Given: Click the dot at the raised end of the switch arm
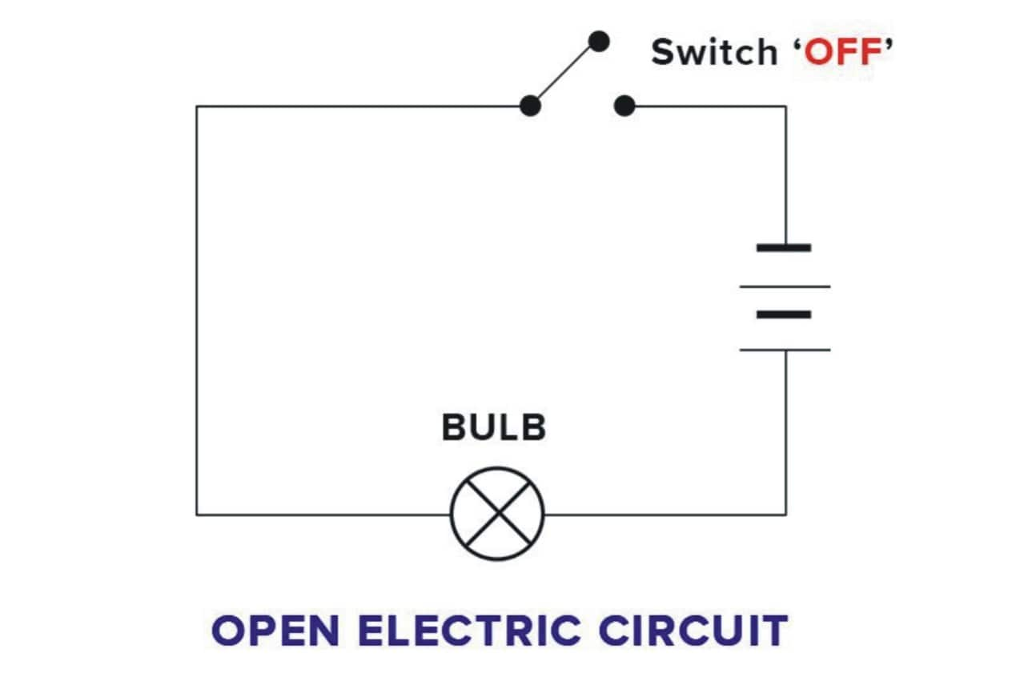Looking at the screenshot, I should tap(598, 40).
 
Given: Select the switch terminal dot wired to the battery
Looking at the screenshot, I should tap(625, 106).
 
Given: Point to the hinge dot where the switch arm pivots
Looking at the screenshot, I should tap(528, 106).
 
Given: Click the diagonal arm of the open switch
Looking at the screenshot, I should tap(563, 73).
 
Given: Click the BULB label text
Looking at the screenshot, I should tap(494, 427).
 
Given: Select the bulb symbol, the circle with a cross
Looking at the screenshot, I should tap(497, 514).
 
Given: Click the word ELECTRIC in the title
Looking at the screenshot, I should tap(469, 631).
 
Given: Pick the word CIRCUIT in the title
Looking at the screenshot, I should tap(693, 631).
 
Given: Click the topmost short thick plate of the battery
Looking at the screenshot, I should tap(784, 248).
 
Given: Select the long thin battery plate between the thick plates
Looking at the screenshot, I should tap(785, 286).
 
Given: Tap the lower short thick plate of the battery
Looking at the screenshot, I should tap(784, 314).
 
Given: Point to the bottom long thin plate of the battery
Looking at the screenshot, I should tap(785, 350).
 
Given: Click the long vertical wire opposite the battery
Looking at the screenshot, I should tap(197, 312).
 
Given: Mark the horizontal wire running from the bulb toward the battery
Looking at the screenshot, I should tap(665, 514).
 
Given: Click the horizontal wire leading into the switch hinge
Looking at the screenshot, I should tap(360, 106).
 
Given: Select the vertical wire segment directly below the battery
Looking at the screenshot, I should tap(785, 432).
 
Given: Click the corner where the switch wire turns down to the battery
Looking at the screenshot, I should tap(785, 106).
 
